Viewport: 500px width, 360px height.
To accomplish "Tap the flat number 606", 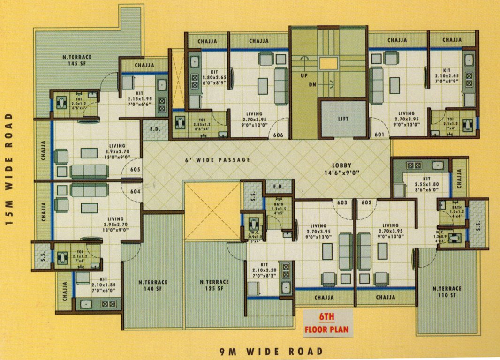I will point(278,135).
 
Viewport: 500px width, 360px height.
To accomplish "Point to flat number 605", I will point(136,170).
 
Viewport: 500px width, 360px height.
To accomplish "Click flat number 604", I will point(136,191).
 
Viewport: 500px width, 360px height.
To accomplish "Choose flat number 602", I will point(367,203).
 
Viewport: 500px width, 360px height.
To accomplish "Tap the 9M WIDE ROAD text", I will point(271,351).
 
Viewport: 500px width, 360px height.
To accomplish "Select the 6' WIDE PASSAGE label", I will point(217,160).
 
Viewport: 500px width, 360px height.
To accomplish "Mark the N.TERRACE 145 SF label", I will point(77,60).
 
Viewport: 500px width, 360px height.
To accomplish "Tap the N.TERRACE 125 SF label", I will point(214,285).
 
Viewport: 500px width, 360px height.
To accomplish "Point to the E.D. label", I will point(278,187).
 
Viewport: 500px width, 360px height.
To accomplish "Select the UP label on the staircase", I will point(303,75).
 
